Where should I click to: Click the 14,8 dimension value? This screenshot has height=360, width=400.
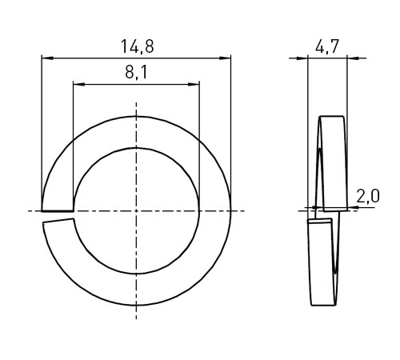tap(138, 46)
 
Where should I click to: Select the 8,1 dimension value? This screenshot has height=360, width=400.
tap(136, 72)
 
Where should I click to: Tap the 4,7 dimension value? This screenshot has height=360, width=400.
tap(327, 46)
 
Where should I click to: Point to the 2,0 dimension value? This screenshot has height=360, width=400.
tap(368, 197)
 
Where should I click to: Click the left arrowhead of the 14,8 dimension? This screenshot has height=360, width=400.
tap(47, 58)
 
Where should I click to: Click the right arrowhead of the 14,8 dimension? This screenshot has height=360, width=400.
tap(225, 58)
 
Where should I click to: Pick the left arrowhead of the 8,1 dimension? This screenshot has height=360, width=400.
tap(79, 84)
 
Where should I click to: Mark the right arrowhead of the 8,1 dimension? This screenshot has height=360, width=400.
tap(194, 84)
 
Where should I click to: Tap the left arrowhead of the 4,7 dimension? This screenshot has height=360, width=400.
tap(302, 58)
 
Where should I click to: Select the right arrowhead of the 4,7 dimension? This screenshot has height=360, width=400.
tap(354, 58)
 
